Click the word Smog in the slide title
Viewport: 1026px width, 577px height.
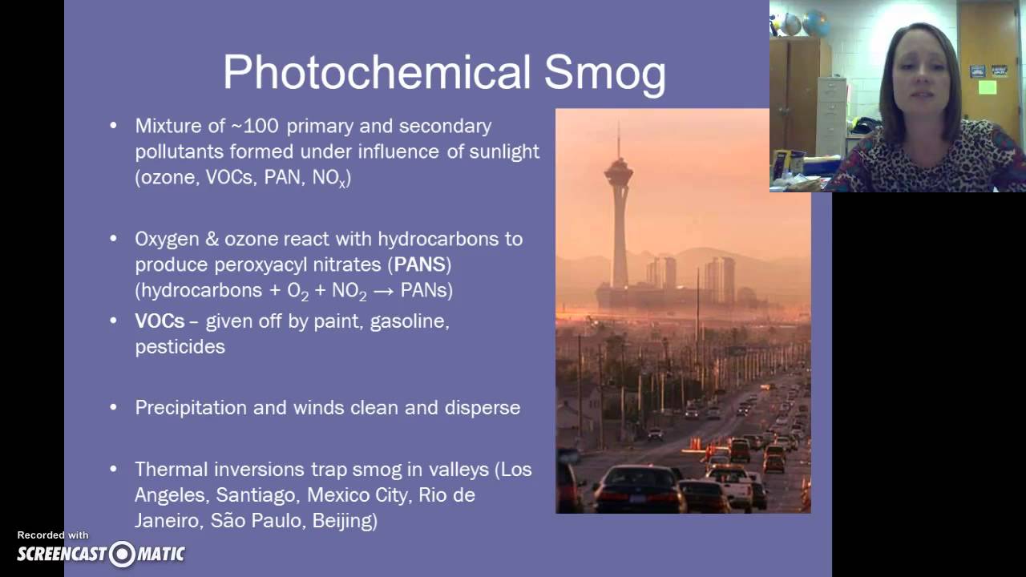605,73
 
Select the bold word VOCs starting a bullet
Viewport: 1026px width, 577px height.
159,321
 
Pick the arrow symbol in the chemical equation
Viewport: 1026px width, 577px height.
384,291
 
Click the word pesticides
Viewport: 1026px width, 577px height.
180,347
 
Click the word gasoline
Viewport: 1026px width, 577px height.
410,321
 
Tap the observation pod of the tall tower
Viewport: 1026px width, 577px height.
618,170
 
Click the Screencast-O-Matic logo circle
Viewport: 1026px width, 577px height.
123,554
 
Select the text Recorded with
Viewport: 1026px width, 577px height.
53,535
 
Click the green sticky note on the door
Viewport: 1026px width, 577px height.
987,87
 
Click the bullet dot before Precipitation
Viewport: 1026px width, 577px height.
113,407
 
